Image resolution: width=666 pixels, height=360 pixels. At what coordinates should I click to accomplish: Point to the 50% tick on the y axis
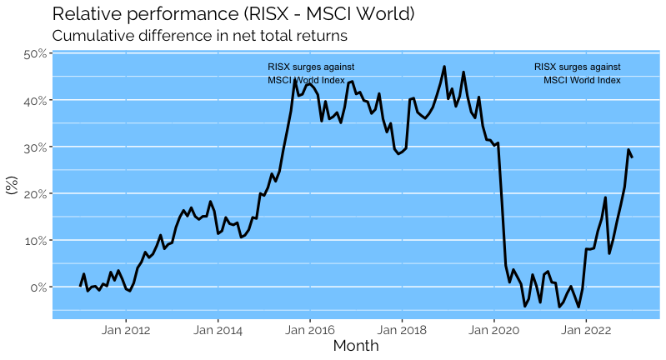point(34,54)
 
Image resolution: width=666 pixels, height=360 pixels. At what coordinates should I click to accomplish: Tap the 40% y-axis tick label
point(34,101)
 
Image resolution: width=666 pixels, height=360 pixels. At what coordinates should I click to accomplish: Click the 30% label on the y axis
point(34,147)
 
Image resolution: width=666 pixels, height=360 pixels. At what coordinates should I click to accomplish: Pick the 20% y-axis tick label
point(34,194)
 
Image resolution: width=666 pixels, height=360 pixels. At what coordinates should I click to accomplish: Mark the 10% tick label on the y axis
point(34,241)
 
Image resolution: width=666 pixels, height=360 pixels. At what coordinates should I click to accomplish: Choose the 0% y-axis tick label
point(37,287)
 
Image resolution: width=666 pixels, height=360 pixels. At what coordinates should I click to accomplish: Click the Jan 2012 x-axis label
point(126,328)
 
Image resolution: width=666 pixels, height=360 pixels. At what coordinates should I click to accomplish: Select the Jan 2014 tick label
point(218,328)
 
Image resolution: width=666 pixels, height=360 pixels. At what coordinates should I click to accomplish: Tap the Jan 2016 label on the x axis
point(309,328)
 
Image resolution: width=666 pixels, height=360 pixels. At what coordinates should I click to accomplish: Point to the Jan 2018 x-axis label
point(402,328)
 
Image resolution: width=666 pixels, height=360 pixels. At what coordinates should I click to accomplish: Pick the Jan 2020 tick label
point(493,328)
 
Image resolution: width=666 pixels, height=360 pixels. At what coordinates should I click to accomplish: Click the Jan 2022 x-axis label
point(586,328)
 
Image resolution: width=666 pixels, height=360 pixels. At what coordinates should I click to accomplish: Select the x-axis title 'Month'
point(356,346)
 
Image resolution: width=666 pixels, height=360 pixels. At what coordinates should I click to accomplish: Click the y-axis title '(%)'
point(12,184)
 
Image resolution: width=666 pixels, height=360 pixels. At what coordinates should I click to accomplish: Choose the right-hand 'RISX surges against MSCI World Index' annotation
point(578,73)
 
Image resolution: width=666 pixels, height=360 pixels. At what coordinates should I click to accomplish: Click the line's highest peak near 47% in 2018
point(444,67)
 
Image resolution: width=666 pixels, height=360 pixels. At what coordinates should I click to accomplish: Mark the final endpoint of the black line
point(632,157)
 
